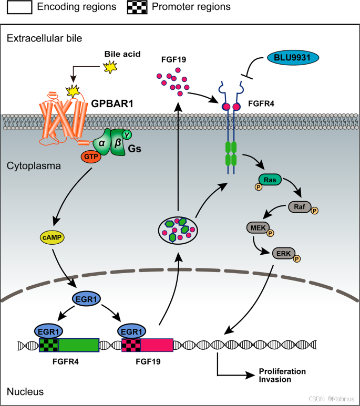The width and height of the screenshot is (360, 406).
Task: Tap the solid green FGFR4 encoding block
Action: click(x=78, y=345)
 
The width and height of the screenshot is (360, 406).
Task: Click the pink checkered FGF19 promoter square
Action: click(x=130, y=345)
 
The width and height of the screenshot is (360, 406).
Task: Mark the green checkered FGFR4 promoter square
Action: click(x=49, y=345)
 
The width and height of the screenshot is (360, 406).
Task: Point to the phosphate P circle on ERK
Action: click(x=297, y=259)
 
